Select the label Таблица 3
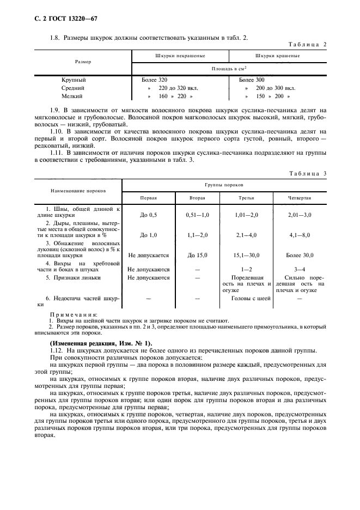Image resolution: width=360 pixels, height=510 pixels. (309, 173)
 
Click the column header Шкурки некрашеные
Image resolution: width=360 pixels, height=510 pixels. (180, 56)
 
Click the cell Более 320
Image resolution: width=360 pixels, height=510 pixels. (155, 80)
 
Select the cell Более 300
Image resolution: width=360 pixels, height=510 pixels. (252, 80)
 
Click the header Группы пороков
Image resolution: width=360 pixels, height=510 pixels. (228, 185)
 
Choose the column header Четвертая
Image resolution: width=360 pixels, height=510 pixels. (300, 198)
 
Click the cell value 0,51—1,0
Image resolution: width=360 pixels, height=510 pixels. (198, 215)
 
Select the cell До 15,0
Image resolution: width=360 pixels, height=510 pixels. (198, 254)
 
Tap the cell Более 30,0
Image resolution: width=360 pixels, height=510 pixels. (300, 254)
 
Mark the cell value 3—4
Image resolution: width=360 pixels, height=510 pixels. (300, 269)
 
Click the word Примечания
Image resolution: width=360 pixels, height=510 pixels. (74, 315)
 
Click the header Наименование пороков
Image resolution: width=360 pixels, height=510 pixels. (78, 192)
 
